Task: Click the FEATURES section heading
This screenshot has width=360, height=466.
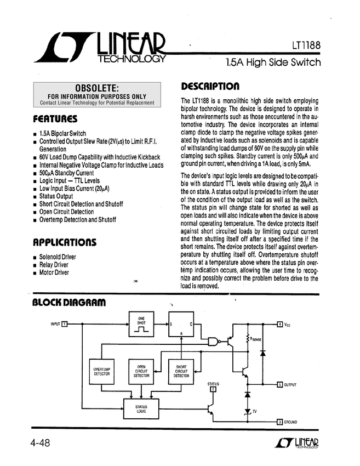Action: [55, 118]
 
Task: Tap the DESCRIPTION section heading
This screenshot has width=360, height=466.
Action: [210, 87]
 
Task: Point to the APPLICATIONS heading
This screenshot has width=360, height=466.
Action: [65, 242]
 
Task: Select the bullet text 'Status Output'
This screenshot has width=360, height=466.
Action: [56, 196]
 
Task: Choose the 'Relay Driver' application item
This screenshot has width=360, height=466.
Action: [54, 265]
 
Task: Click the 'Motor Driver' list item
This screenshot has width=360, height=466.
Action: [54, 272]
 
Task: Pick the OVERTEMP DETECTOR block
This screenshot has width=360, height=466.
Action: [101, 372]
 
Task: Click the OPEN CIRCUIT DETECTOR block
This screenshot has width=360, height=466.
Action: [141, 372]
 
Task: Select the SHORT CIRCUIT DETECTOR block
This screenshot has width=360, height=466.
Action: [181, 372]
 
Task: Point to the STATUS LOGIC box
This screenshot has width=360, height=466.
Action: [141, 409]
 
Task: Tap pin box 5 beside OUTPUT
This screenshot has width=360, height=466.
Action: [279, 384]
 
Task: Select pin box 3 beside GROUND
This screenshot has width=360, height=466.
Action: [279, 422]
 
